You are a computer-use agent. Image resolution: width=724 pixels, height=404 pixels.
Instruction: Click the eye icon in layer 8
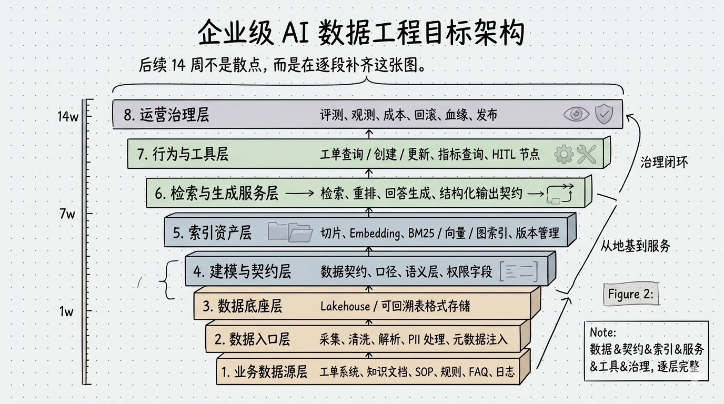click(576, 114)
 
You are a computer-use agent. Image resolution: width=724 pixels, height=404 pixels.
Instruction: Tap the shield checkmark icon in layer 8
click(604, 114)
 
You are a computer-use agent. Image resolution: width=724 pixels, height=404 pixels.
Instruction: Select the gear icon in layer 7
click(564, 154)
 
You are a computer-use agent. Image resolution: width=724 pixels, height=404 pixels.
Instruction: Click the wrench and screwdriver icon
click(586, 154)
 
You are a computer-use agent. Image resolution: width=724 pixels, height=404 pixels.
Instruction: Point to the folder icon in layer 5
click(290, 232)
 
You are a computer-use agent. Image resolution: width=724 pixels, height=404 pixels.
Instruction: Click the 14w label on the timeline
click(68, 117)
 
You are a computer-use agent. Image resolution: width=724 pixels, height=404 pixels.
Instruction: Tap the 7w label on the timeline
click(67, 214)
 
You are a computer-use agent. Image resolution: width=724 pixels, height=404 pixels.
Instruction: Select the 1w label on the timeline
click(66, 311)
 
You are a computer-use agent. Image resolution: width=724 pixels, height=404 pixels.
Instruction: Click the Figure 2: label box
click(630, 294)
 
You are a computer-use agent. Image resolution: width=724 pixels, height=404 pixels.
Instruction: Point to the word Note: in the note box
click(602, 332)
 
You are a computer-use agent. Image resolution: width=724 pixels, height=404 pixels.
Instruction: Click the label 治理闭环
click(664, 163)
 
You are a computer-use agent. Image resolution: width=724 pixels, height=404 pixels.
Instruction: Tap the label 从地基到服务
click(635, 245)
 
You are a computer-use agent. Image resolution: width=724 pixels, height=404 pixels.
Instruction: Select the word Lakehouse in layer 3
click(345, 306)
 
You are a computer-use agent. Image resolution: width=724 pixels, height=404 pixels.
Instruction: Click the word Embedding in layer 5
click(375, 233)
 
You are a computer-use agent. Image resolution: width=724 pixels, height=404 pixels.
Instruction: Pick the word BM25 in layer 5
click(421, 233)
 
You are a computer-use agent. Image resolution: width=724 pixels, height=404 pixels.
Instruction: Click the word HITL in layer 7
click(505, 155)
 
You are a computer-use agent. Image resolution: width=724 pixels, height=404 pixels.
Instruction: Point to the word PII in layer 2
click(415, 339)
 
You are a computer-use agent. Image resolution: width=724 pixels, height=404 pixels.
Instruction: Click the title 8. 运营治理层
click(166, 115)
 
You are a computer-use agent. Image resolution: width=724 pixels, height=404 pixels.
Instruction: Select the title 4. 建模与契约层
click(242, 271)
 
